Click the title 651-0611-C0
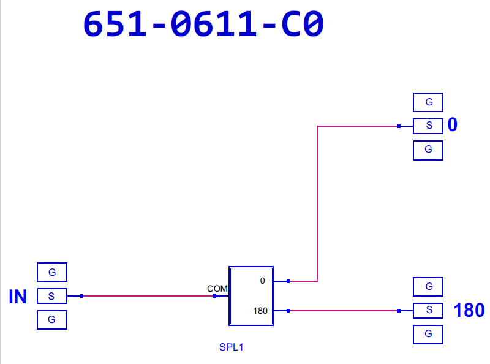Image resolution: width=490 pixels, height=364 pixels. pyautogui.click(x=203, y=25)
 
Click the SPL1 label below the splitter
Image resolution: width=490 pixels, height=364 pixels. pyautogui.click(x=232, y=347)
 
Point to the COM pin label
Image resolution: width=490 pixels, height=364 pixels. pyautogui.click(x=217, y=288)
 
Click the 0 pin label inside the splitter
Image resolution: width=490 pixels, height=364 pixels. pyautogui.click(x=262, y=281)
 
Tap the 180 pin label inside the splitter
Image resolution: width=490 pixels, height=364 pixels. pyautogui.click(x=260, y=311)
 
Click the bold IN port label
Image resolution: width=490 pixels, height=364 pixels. pyautogui.click(x=18, y=297)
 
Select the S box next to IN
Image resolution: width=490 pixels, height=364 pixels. pyautogui.click(x=52, y=297)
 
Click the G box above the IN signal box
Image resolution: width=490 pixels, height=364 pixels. pyautogui.click(x=52, y=271)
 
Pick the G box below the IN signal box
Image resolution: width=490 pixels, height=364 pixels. pyautogui.click(x=52, y=320)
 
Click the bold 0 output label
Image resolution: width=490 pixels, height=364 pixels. pyautogui.click(x=453, y=126)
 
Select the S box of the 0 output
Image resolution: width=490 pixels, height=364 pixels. pyautogui.click(x=428, y=126)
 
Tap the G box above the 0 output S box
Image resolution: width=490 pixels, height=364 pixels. pyautogui.click(x=428, y=102)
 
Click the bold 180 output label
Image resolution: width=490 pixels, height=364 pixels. pyautogui.click(x=469, y=311)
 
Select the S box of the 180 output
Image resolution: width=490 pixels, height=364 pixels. pyautogui.click(x=428, y=311)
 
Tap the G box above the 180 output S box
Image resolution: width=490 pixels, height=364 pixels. pyautogui.click(x=428, y=286)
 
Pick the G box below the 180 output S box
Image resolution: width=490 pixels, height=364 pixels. pyautogui.click(x=428, y=334)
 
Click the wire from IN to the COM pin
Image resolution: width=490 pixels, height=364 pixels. pyautogui.click(x=147, y=296)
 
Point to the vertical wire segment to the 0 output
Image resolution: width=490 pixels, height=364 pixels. pyautogui.click(x=318, y=202)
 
